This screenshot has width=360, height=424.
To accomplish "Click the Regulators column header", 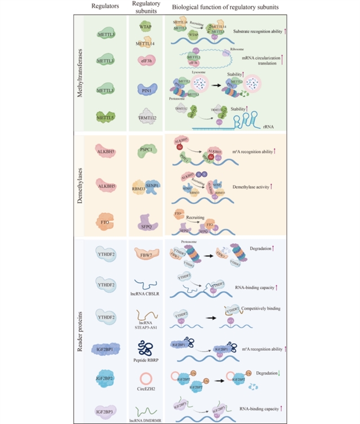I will click(x=107, y=7).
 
